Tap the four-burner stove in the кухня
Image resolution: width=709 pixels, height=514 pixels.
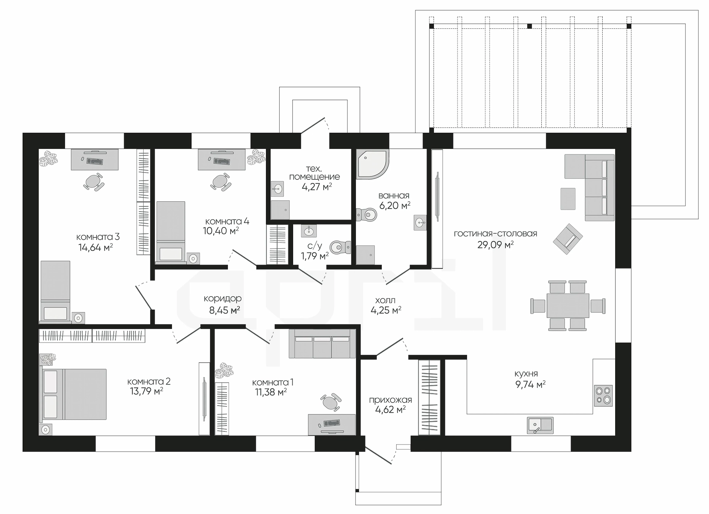(603, 396)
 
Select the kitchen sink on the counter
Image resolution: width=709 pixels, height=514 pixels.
(540, 425)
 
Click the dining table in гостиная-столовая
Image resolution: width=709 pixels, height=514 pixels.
(568, 305)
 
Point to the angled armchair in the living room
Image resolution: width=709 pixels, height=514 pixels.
(568, 239)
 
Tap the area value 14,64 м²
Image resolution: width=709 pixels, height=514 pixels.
(96, 247)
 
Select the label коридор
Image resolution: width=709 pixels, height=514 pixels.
(222, 298)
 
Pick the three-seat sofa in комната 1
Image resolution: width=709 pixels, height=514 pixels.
(322, 344)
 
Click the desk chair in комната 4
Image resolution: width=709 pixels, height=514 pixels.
(221, 182)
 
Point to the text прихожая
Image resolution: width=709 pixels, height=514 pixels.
(390, 400)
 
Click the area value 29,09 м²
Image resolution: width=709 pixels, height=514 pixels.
(496, 245)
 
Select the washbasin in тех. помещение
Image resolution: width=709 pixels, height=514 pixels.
(277, 190)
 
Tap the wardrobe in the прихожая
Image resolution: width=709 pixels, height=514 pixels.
(429, 398)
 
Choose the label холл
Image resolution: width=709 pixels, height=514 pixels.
(385, 300)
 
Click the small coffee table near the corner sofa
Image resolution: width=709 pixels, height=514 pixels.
(568, 199)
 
